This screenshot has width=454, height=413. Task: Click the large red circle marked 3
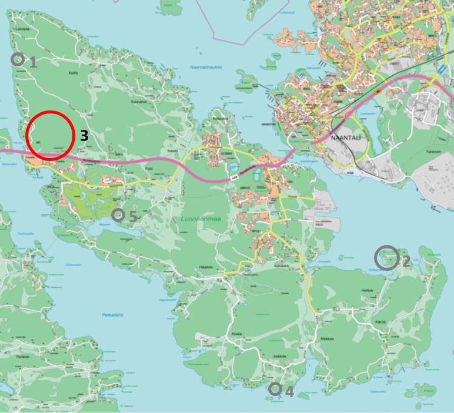point(49,135)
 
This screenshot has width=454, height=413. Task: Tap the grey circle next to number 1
point(18,59)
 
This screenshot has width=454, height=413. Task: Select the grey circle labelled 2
point(386,257)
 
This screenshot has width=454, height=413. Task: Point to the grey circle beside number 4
point(275,388)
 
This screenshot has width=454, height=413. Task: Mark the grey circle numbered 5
point(118,214)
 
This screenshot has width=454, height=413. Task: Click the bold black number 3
point(84,136)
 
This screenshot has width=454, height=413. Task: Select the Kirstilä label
point(236,333)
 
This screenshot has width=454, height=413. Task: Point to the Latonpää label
point(24,28)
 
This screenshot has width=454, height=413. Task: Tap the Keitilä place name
point(74,73)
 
